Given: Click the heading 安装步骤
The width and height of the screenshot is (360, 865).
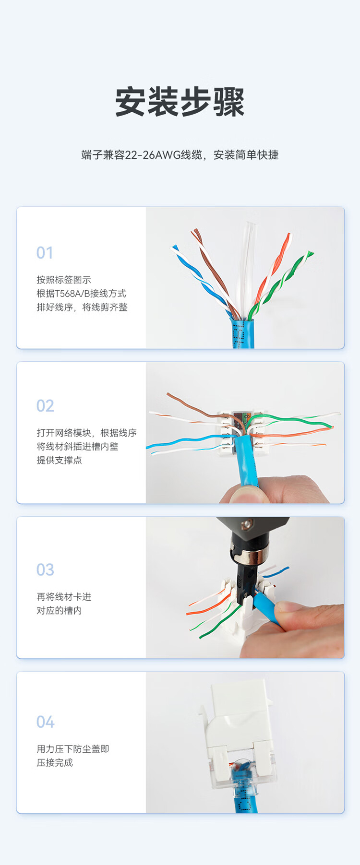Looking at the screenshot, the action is [180, 101].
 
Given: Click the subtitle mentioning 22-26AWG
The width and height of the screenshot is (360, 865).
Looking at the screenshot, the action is [180, 155].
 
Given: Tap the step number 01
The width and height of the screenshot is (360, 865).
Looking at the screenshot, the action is [45, 253].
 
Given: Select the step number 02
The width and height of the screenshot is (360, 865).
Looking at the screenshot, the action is [45, 406].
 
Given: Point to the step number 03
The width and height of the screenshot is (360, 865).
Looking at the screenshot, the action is [45, 570].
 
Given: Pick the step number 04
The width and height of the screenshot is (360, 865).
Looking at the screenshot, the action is [46, 722].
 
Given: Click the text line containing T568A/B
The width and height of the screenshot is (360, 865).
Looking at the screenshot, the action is [82, 293].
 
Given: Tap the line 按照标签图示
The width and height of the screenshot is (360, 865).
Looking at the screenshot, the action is [64, 280].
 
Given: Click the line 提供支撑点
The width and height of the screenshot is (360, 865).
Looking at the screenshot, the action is [59, 460].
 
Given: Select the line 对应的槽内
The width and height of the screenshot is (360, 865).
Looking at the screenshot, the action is [59, 610].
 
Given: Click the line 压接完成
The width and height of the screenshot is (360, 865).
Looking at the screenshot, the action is [55, 762].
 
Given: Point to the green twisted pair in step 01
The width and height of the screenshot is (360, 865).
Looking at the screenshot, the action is [281, 283].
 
